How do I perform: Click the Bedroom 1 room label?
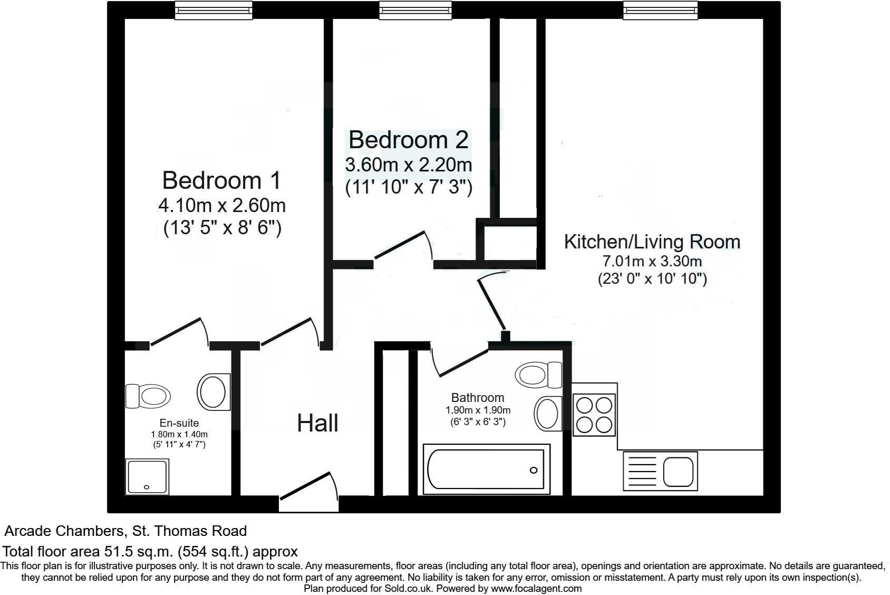[x=221, y=180]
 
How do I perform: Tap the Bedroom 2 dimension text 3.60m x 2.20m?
[x=408, y=165]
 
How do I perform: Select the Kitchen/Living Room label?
[x=652, y=242]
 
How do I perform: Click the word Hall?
[x=317, y=423]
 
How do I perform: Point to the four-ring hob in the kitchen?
[x=594, y=415]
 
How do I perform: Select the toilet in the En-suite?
[x=148, y=396]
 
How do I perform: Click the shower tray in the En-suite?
[x=148, y=476]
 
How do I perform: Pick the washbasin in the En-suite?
[x=214, y=392]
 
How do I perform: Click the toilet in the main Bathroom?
[x=538, y=375]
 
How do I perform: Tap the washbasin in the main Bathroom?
[x=548, y=413]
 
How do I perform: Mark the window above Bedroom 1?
[x=214, y=10]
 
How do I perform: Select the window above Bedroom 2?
[x=415, y=10]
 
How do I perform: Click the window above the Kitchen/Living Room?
[x=660, y=10]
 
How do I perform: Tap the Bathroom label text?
[x=478, y=397]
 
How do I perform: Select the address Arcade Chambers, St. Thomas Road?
[x=125, y=530]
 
